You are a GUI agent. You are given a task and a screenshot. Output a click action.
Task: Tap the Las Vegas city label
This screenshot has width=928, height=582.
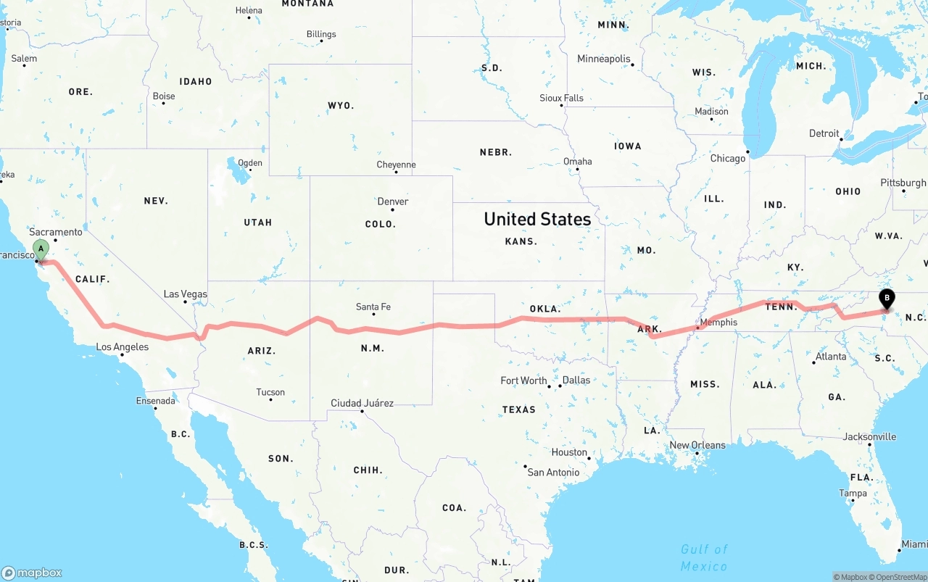coord(185,294)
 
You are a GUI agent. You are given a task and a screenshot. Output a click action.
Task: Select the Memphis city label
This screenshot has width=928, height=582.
coord(718,322)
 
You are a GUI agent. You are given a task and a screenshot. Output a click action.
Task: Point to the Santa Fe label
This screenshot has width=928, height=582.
coord(373,307)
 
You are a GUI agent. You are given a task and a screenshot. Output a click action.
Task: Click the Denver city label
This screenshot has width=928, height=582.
coord(393,201)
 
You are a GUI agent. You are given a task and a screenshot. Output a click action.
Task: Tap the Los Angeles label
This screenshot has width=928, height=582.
coord(123,347)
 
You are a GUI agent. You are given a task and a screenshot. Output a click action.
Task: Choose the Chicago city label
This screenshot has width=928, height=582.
coord(728,158)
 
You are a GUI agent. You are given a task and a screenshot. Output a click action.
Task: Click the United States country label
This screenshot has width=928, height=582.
coord(537,219)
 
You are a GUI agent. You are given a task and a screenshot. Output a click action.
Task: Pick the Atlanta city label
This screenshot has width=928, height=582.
coord(831,357)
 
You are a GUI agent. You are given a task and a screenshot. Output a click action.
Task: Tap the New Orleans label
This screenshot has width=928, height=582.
coord(697,445)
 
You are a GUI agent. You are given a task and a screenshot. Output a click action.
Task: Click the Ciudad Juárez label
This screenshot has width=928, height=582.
coord(362,403)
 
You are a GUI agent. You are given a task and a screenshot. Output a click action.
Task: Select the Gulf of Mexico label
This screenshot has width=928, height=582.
coord(704,557)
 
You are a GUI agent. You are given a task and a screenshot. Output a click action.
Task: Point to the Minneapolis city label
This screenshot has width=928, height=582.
coord(604,59)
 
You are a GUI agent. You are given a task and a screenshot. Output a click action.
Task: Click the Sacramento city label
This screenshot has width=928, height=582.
coord(56,232)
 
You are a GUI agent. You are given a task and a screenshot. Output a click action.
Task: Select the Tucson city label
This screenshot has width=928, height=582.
coord(270,392)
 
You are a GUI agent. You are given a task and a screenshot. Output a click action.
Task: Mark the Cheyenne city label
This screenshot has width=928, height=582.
coord(396,165)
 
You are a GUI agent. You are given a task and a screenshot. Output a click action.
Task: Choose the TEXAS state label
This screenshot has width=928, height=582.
coord(519,410)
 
